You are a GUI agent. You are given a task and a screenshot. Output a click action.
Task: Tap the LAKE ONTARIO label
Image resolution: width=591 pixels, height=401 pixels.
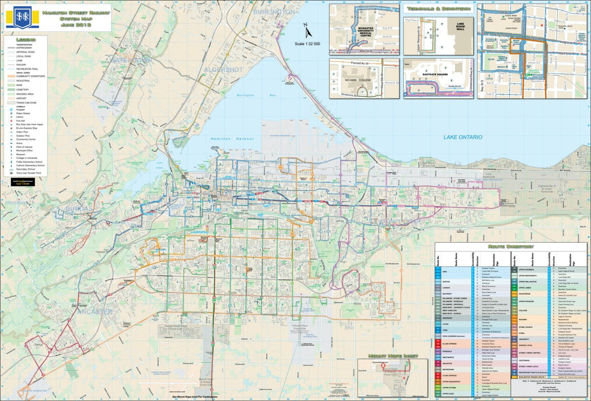point(462,137)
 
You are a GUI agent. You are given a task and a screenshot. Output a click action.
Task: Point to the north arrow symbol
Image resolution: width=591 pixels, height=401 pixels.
point(307,31)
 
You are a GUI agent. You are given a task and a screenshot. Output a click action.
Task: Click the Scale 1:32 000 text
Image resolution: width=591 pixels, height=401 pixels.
point(307,44)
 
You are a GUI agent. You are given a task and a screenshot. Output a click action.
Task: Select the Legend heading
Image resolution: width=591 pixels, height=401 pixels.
point(26,39)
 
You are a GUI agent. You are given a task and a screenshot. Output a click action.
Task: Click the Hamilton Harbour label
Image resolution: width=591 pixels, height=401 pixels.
point(228,139)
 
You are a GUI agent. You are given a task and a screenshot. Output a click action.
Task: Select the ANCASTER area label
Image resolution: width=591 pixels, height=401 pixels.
point(95,312)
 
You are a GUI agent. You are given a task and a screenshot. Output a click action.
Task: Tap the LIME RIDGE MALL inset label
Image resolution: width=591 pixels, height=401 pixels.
point(460,27)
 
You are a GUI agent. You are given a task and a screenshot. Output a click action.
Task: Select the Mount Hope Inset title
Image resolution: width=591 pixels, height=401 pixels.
point(393,355)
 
